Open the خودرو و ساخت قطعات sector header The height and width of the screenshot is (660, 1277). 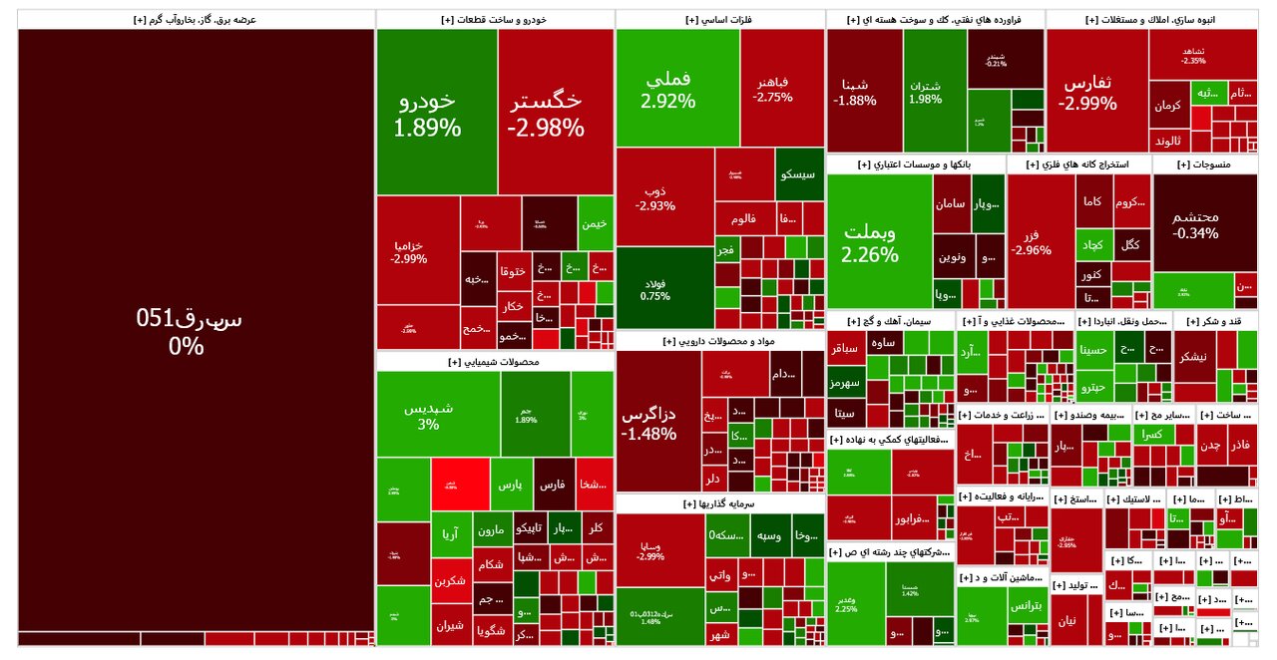(x=495, y=19)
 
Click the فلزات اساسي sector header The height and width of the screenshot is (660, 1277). (x=720, y=19)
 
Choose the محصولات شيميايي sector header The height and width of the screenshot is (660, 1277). (x=495, y=362)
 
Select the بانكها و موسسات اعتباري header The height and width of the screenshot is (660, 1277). (x=915, y=164)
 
